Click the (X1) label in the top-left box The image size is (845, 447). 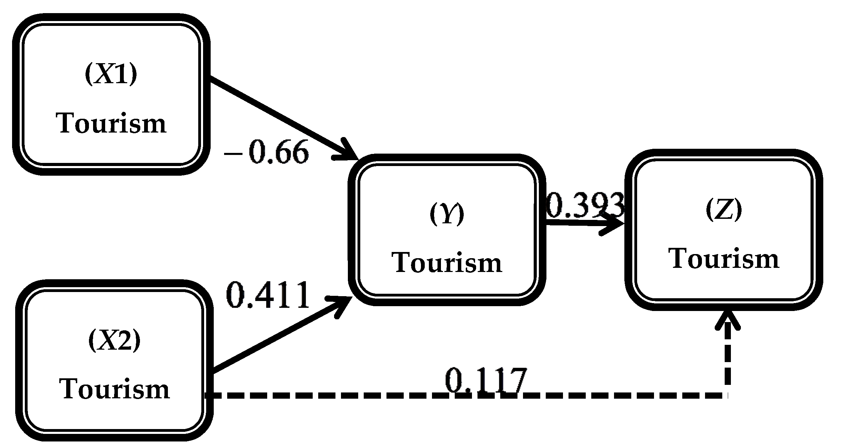tap(111, 75)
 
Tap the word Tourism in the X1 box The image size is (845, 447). tap(111, 124)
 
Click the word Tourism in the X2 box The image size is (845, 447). tap(114, 389)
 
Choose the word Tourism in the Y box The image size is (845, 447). tap(447, 263)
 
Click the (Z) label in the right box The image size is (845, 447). tap(724, 210)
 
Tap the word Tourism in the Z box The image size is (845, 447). tap(724, 259)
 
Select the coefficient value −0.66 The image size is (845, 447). tap(266, 152)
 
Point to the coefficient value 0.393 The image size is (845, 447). tap(585, 205)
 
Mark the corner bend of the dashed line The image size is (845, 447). tap(727, 396)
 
